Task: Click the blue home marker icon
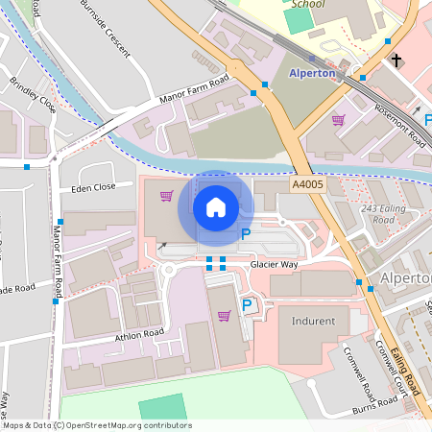coord(216,206)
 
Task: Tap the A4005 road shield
coord(307,181)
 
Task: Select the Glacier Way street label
coord(276,263)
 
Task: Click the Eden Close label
coord(93,187)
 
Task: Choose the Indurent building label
coord(313,321)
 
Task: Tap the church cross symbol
coord(396,60)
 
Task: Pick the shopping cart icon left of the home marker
coord(167,196)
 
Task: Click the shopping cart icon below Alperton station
coord(338,120)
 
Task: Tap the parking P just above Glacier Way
coord(245,233)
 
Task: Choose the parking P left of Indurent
coord(247,305)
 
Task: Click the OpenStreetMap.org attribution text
coord(129,425)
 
